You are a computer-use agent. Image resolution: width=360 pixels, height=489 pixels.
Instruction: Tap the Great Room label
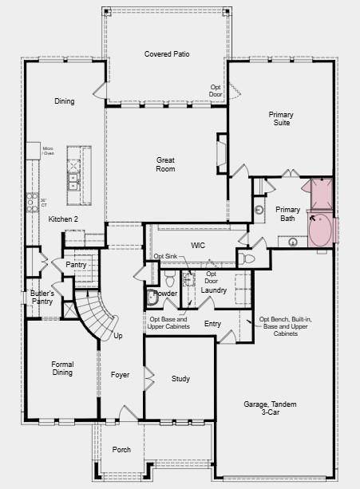[165, 164]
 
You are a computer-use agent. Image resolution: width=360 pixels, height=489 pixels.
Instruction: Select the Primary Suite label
[280, 119]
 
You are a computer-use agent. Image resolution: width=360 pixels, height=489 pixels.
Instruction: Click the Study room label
[180, 379]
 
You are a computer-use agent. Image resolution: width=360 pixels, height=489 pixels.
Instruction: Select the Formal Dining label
[61, 368]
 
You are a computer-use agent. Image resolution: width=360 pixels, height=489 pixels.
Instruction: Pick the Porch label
[121, 450]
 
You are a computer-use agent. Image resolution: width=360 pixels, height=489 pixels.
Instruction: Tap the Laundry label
[214, 290]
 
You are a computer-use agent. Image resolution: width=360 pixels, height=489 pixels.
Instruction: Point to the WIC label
[199, 245]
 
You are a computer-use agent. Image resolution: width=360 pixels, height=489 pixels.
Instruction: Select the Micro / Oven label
[48, 151]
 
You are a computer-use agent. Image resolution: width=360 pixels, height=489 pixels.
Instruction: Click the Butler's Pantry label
[42, 298]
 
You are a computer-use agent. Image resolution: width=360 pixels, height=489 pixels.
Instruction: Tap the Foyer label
[120, 374]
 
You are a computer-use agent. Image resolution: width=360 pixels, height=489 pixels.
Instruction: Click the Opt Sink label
[165, 256]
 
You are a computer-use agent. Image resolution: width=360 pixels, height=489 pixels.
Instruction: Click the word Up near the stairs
[119, 336]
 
